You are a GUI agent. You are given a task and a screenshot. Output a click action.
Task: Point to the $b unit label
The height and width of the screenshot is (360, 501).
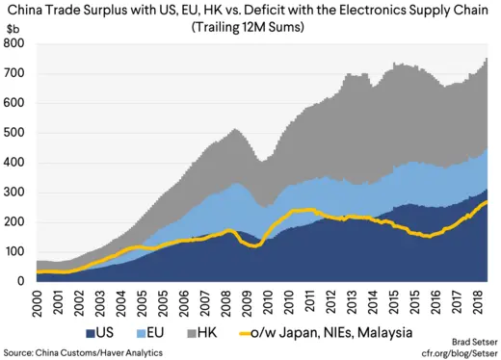[13, 29]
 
